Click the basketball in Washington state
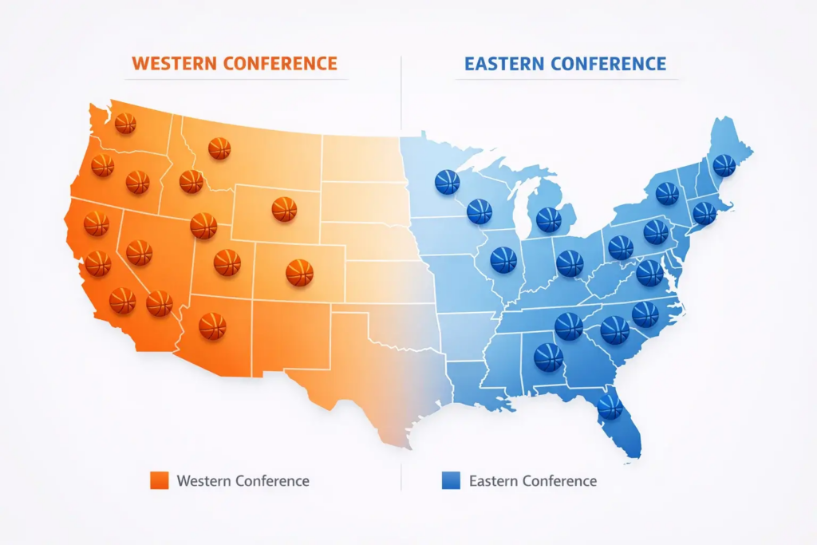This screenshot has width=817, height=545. point(125,123)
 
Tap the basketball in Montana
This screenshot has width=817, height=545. point(219,148)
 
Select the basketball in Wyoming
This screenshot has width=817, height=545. point(284,209)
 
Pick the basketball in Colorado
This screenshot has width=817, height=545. point(299,272)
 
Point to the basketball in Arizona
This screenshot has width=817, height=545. point(212,326)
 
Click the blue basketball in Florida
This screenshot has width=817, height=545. point(610,406)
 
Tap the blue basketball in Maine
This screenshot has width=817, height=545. point(724,165)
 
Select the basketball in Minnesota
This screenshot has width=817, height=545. point(447,181)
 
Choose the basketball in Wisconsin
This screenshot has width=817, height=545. point(480,211)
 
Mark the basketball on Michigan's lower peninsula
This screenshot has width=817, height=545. point(549,219)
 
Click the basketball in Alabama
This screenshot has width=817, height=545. point(548,357)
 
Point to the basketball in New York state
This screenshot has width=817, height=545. point(667,193)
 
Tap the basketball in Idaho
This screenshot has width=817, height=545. point(191,182)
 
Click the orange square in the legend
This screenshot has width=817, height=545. point(160,480)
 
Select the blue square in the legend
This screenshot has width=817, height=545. point(451,480)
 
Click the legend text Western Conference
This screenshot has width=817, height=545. point(243,480)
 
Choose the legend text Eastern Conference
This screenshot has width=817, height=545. point(533,480)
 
